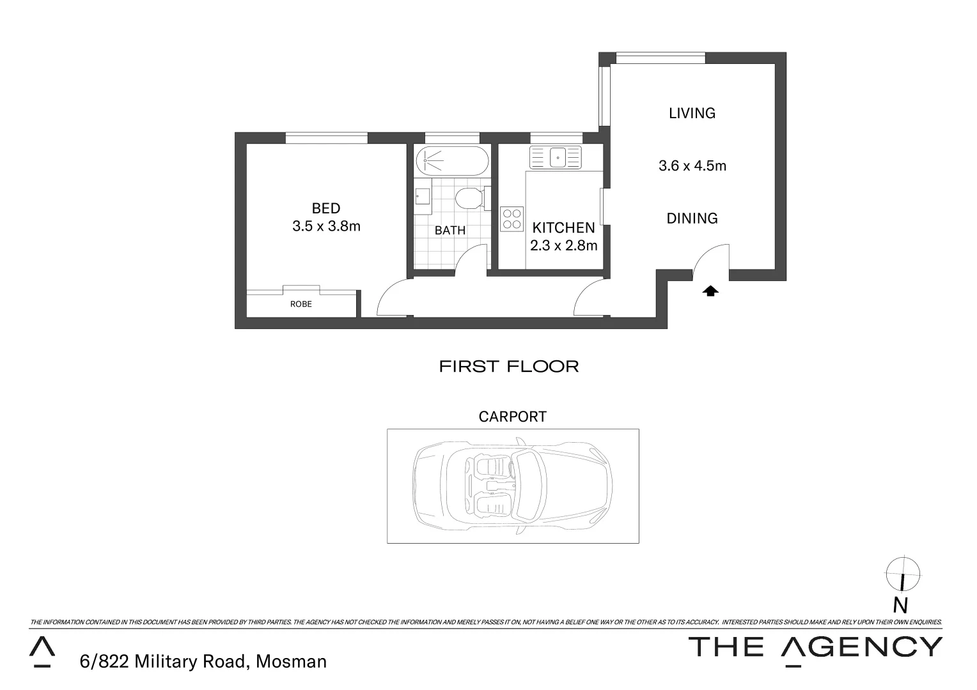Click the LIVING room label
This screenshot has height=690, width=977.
(x=692, y=113)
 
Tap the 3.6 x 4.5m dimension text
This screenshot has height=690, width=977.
(x=692, y=165)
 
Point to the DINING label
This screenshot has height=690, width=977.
(x=692, y=218)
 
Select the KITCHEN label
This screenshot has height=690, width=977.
(x=563, y=227)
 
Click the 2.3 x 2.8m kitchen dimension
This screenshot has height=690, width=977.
(x=563, y=245)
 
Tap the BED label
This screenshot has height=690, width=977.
(x=326, y=208)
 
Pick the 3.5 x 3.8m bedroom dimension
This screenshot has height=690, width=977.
(x=326, y=226)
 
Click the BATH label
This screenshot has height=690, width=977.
(x=450, y=230)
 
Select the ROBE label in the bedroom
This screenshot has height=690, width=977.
(x=301, y=304)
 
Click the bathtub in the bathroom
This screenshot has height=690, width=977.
(x=451, y=161)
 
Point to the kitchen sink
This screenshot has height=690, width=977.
(x=555, y=157)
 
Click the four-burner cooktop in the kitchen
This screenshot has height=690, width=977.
(x=512, y=218)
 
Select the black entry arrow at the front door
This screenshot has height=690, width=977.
(x=710, y=291)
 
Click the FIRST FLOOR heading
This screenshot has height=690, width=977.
(x=509, y=366)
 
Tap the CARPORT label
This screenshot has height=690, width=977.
(x=513, y=417)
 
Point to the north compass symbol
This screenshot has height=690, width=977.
(x=902, y=574)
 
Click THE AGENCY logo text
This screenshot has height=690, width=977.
(x=815, y=647)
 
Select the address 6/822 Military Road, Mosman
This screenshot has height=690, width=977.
(x=203, y=661)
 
